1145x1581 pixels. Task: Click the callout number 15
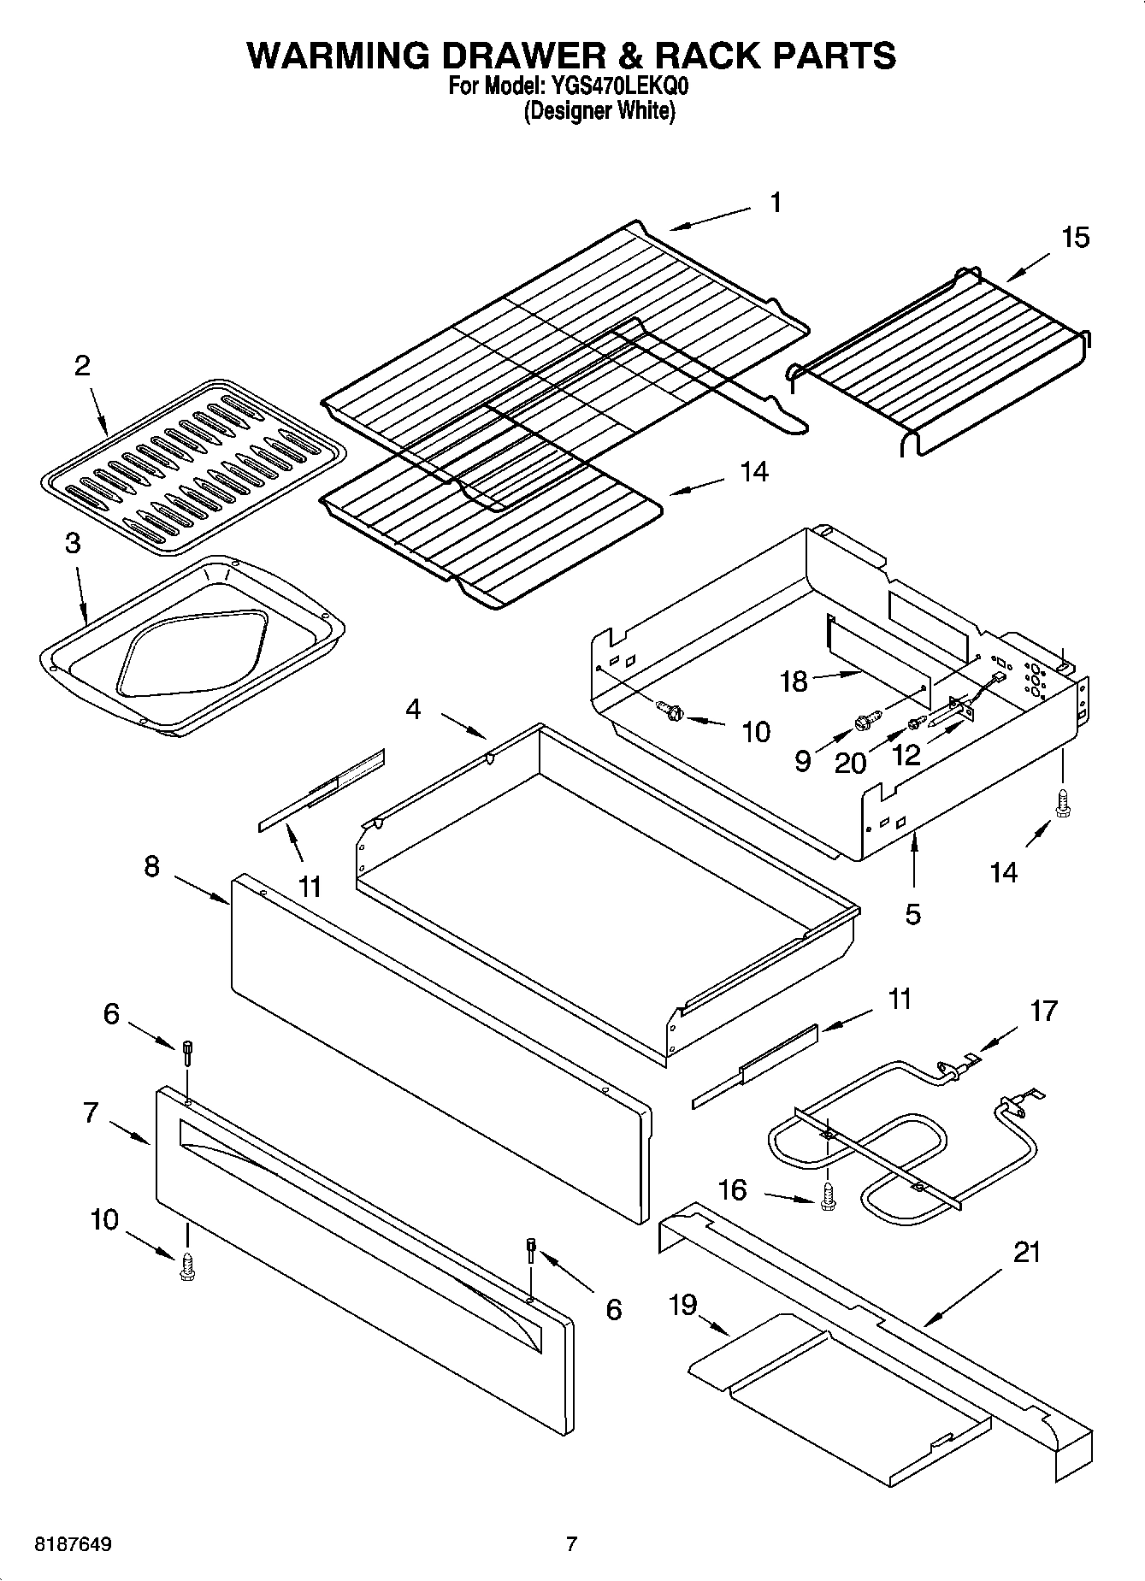pos(1075,237)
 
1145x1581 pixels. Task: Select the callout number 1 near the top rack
pos(775,203)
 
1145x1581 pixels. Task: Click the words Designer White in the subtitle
pos(599,111)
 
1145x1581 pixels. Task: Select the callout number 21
pos(1026,1253)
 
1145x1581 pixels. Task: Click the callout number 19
pos(683,1305)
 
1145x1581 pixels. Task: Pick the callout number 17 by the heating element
pos(1043,1012)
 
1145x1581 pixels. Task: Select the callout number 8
pos(151,866)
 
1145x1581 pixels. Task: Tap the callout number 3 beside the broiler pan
pos(73,543)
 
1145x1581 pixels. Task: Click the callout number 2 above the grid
pos(81,366)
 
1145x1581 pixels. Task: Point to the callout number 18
pos(794,681)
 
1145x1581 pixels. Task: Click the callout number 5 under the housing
pos(912,914)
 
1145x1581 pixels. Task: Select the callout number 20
pos(850,762)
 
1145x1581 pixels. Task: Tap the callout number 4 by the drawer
pos(413,709)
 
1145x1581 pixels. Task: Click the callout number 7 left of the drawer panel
pos(91,1112)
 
